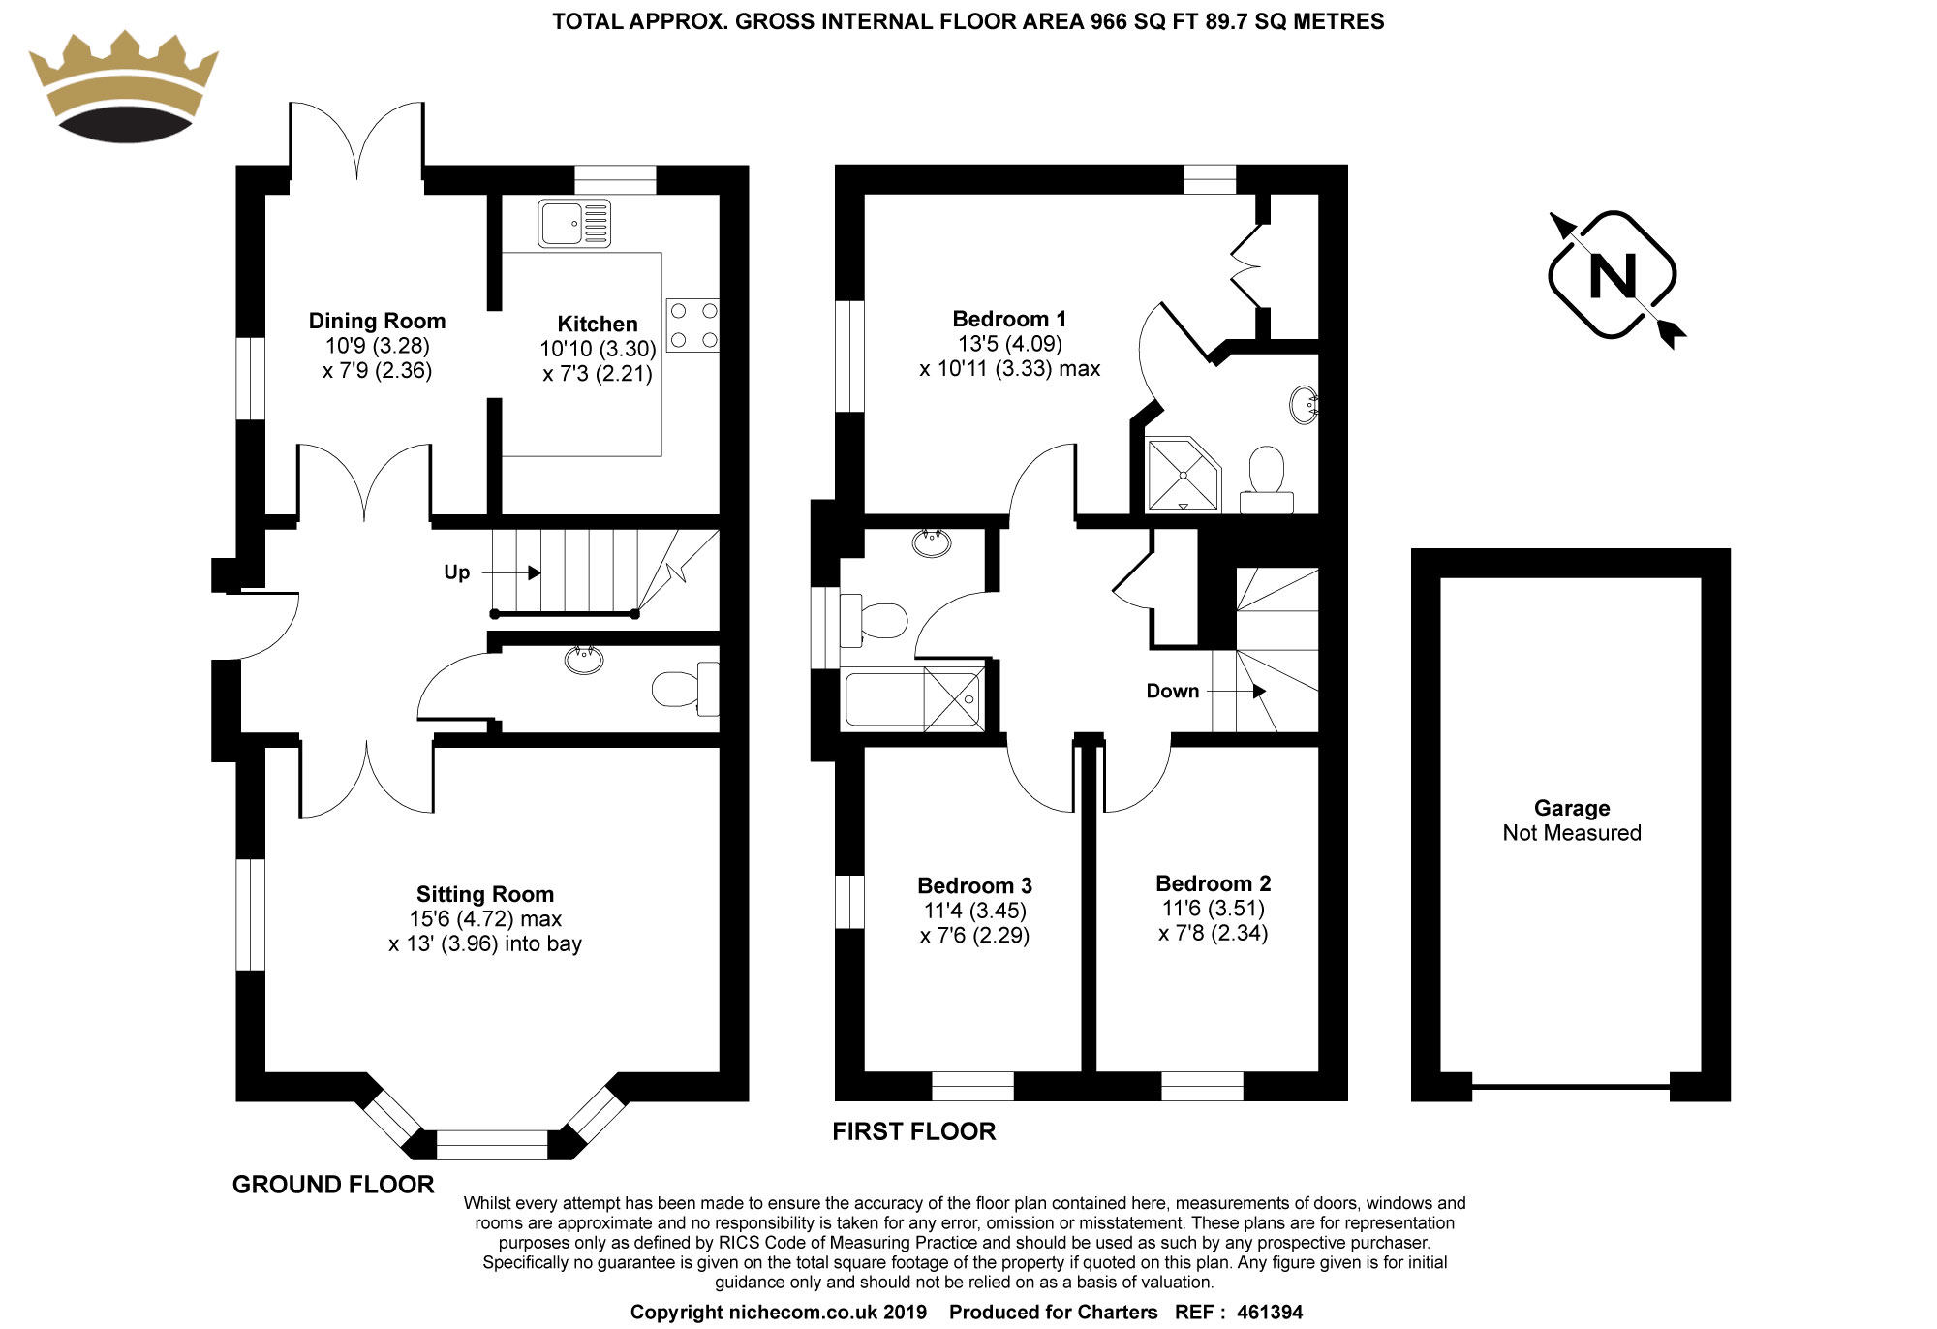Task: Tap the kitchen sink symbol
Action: point(574,224)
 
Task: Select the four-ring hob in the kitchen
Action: point(693,325)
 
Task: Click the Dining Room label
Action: point(377,321)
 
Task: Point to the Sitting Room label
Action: point(484,894)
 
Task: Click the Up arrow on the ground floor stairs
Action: point(534,572)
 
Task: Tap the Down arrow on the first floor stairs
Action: point(1258,692)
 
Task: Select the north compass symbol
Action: point(1613,276)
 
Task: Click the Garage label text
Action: point(1571,808)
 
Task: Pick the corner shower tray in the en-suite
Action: point(1182,474)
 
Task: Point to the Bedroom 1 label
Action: point(1008,319)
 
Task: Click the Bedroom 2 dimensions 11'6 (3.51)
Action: point(1213,909)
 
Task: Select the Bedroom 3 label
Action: point(974,885)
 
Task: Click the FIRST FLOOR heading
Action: point(913,1131)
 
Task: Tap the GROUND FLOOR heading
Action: point(333,1185)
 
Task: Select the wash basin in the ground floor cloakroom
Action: point(584,660)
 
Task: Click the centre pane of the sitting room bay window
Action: point(492,1145)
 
